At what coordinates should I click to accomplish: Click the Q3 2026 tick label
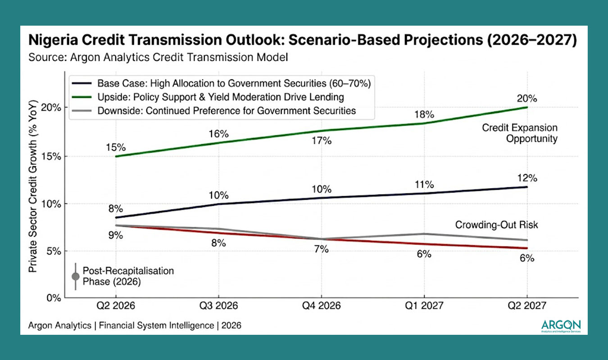(218, 306)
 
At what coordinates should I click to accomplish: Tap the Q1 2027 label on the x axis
(424, 306)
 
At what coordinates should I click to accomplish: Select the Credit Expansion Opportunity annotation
(520, 133)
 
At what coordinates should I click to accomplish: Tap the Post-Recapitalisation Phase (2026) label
(128, 276)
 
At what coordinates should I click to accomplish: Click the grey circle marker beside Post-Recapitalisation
(75, 276)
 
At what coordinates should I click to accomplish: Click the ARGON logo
(561, 325)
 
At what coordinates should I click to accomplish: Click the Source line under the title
(158, 57)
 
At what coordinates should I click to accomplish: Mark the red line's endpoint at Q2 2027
(527, 248)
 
